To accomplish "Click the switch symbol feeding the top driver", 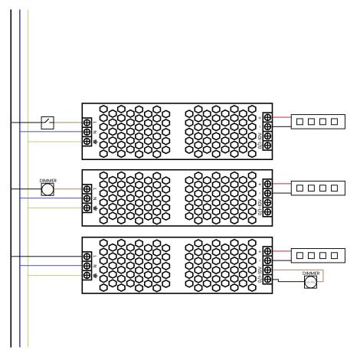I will coord(47,122).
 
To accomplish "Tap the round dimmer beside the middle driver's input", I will coord(47,189).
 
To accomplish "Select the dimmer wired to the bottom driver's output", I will coord(311,282).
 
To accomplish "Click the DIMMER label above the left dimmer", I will coord(47,180).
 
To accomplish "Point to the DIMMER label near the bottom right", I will coord(311,272).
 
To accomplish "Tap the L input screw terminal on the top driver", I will coord(87,122).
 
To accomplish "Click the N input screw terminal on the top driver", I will coord(87,131).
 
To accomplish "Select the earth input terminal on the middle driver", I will coord(87,208).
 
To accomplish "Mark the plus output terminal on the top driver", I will coord(267,117).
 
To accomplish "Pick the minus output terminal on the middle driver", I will coord(267,192).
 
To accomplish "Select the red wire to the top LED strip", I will coord(281,117).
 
